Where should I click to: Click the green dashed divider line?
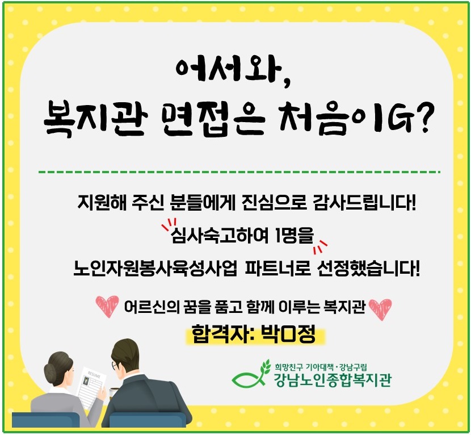[239, 172]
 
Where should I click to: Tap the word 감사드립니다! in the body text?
[364, 202]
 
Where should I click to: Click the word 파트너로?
[277, 268]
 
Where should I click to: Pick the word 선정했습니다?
[368, 268]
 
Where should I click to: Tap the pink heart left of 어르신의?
[107, 306]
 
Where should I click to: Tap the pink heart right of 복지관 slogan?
[380, 309]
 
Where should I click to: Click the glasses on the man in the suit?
[115, 366]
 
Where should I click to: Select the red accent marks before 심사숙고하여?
[169, 224]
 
